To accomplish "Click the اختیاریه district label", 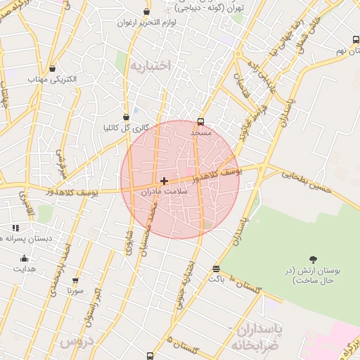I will pos(150,65).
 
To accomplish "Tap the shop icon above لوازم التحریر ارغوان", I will pos(146,12).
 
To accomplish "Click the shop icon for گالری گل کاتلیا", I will pos(126,117).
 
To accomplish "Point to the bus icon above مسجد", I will pos(201,121).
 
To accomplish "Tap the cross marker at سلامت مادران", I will pos(165,181).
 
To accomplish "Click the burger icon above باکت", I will pos(216,269).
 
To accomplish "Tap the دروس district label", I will pos(77,341).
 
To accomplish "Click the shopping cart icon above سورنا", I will pos(75,280).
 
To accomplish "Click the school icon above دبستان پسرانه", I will pos(15,228).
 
